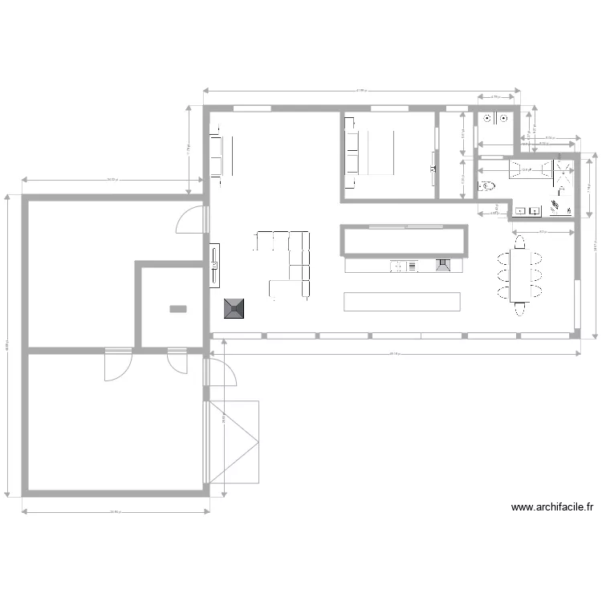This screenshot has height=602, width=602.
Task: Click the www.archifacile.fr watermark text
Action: (x=553, y=507)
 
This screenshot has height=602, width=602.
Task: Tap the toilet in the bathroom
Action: (x=486, y=187)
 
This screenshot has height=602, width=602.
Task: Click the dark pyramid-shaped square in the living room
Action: (x=235, y=309)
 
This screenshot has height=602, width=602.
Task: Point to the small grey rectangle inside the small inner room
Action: (x=178, y=308)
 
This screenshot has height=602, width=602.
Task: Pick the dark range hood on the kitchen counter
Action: (x=443, y=265)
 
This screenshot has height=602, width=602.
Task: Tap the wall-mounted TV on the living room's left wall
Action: (x=214, y=265)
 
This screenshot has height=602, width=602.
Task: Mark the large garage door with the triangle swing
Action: (x=235, y=441)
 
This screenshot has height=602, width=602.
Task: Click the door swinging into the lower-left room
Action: (x=118, y=365)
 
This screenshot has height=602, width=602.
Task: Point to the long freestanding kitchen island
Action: (x=401, y=301)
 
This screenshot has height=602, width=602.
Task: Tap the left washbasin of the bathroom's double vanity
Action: (x=520, y=211)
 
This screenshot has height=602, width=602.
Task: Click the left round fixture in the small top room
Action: (x=486, y=119)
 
